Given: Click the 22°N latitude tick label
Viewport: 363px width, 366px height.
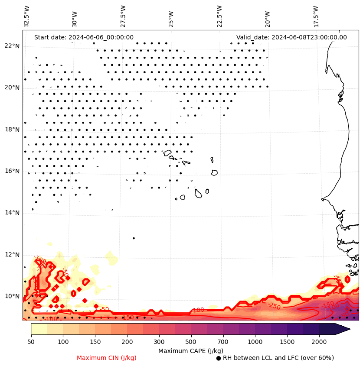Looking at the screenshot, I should pyautogui.click(x=12, y=46).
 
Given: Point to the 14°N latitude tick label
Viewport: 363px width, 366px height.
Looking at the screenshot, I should pyautogui.click(x=12, y=213).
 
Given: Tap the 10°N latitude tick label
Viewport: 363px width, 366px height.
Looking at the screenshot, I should pyautogui.click(x=12, y=296).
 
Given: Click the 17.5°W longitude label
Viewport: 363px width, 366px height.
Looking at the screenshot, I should pyautogui.click(x=315, y=16).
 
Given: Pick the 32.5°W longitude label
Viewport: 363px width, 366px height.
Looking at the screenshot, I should pyautogui.click(x=27, y=16).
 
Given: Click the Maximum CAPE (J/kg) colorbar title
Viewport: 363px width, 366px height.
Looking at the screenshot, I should pyautogui.click(x=190, y=350).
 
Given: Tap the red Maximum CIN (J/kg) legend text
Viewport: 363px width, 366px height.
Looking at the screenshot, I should pyautogui.click(x=107, y=358).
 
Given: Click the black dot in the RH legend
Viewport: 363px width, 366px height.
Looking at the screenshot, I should pyautogui.click(x=219, y=358).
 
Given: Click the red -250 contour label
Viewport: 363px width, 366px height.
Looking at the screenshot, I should pyautogui.click(x=274, y=306).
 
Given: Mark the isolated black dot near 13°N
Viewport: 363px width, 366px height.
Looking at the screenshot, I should pyautogui.click(x=134, y=238).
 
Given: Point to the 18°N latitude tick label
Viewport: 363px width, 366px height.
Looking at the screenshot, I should pyautogui.click(x=12, y=130).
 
